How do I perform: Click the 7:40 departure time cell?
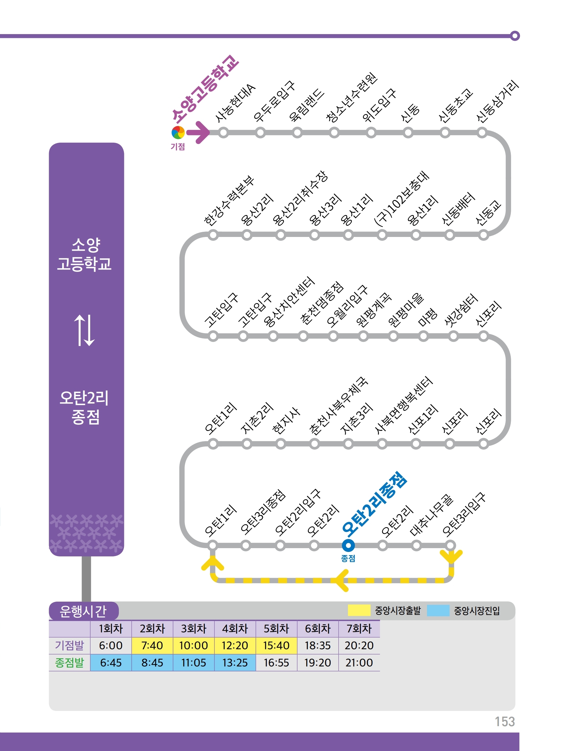click(152, 645)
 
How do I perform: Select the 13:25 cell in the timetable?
click(235, 662)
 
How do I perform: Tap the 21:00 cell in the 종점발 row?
click(359, 662)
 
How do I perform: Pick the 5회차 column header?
click(276, 628)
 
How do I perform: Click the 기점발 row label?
click(69, 645)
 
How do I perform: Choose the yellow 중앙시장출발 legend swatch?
click(359, 610)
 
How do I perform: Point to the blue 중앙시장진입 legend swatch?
click(438, 610)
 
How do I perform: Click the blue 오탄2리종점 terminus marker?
click(348, 546)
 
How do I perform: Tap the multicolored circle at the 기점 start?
click(178, 132)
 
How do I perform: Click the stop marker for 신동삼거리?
click(481, 132)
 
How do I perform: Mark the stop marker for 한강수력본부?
click(213, 235)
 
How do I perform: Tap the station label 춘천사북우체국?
click(338, 406)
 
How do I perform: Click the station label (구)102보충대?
click(401, 199)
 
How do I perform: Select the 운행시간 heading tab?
click(83, 611)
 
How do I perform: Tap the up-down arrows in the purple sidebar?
click(84, 330)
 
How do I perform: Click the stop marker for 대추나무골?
click(416, 546)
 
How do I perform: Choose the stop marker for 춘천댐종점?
click(303, 336)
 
